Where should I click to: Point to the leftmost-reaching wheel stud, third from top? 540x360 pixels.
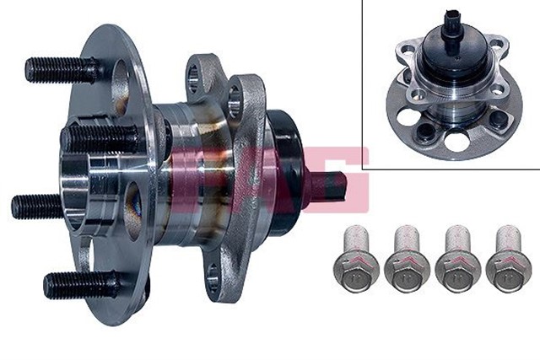(x=38, y=206)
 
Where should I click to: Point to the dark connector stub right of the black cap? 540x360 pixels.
(x=332, y=185)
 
